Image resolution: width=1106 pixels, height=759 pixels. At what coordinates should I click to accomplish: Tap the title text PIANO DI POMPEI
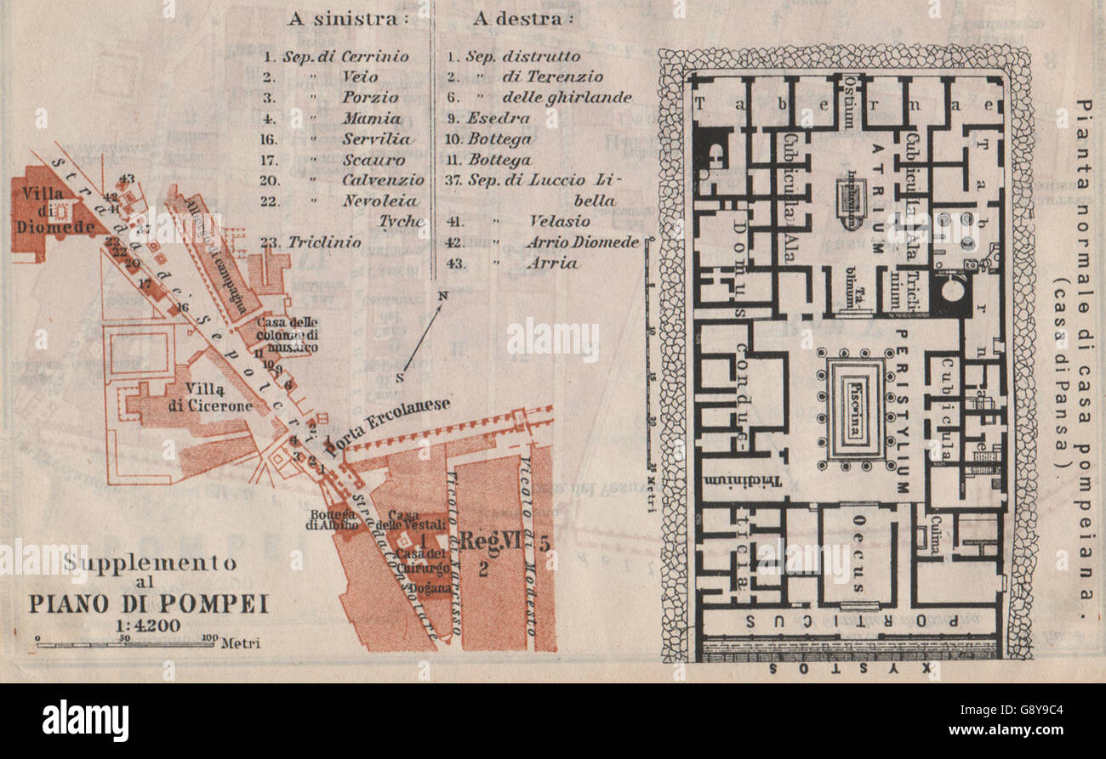pos(149,603)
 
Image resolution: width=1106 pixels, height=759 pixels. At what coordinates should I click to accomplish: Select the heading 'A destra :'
pos(522,19)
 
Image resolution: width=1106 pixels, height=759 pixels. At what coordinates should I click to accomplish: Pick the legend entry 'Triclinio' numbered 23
pos(323,241)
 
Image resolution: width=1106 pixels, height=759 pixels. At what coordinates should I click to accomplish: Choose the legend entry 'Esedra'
pos(498,118)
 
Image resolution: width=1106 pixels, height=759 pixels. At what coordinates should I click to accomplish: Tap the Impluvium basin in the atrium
pos(852,204)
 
